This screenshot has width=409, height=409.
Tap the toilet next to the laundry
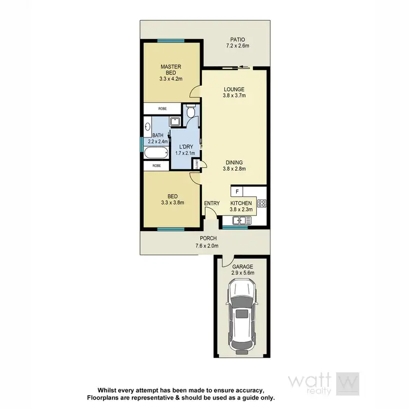click(190, 112)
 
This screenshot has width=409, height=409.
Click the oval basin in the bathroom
click(148, 128)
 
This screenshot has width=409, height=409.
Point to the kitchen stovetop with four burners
click(261, 203)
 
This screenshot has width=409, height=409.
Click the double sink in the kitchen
click(240, 220)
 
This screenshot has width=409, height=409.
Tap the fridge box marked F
click(237, 191)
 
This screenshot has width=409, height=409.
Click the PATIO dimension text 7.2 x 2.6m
click(238, 46)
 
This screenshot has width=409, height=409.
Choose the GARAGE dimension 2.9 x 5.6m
click(243, 273)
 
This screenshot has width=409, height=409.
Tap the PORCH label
click(208, 238)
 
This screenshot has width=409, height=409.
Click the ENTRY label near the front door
click(212, 203)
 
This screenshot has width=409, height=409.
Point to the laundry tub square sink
click(176, 121)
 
